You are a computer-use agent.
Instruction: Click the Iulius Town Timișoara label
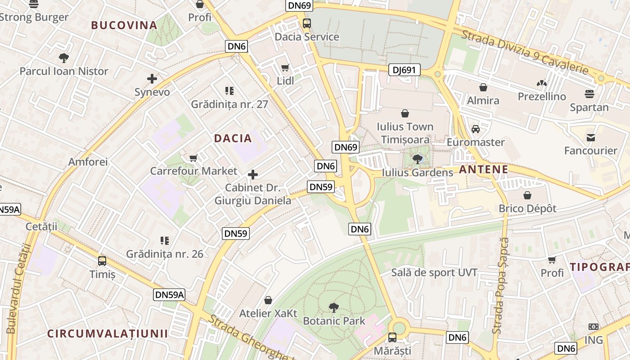coord(405,133)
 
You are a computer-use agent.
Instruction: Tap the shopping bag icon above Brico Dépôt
coord(527,195)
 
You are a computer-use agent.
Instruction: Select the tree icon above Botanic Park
coord(333,308)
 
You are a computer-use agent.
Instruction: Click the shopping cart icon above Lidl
coord(285,68)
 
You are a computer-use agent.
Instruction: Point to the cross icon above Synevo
coord(152,79)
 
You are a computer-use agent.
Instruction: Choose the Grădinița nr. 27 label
coord(229,104)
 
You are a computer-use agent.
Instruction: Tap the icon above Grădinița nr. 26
coord(165,241)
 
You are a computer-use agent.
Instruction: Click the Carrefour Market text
coord(193,171)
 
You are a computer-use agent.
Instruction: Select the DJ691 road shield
coord(404,70)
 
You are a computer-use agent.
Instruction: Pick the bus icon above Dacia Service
coord(307,23)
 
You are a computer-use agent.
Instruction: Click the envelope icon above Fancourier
coord(590,137)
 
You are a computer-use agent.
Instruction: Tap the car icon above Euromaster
coord(476,129)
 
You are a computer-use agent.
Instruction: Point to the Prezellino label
coord(542,97)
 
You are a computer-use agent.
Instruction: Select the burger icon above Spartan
coord(589,94)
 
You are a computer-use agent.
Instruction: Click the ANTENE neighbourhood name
coord(483,170)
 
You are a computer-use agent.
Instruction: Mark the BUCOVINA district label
coord(124,25)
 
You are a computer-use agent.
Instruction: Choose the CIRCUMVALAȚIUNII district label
coord(108,333)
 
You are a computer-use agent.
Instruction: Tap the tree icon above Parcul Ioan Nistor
coord(64,58)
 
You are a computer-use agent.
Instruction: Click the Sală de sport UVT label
coord(434,272)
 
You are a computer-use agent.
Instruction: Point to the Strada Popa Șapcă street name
coord(500,286)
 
